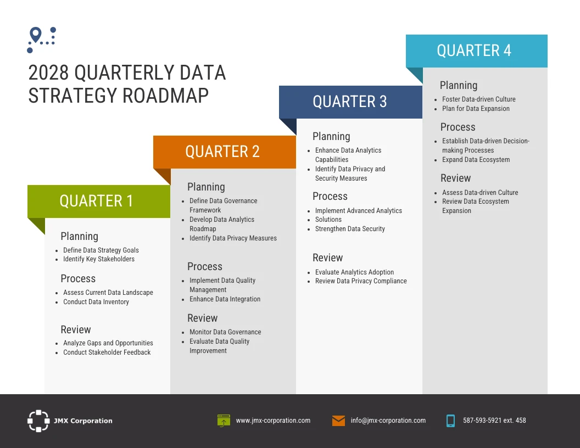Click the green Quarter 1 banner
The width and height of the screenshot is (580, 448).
pyautogui.click(x=99, y=201)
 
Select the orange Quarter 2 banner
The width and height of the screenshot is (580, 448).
pyautogui.click(x=224, y=152)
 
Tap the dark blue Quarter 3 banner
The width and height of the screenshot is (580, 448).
pyautogui.click(x=350, y=102)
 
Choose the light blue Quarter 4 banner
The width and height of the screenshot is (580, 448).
pyautogui.click(x=476, y=51)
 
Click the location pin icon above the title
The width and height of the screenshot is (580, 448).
pyautogui.click(x=36, y=35)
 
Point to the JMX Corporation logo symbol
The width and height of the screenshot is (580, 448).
pyautogui.click(x=38, y=421)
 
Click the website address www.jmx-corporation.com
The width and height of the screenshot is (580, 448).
pyautogui.click(x=273, y=421)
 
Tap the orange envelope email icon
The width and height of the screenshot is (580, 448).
pyautogui.click(x=338, y=421)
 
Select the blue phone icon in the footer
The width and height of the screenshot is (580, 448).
pyautogui.click(x=450, y=421)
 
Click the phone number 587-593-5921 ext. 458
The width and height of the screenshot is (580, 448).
pyautogui.click(x=494, y=421)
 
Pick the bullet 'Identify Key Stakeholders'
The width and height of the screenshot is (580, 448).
pyautogui.click(x=98, y=259)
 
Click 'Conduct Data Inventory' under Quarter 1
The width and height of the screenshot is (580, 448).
pyautogui.click(x=96, y=302)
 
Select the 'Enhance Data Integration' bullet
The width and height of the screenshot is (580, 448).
pyautogui.click(x=225, y=299)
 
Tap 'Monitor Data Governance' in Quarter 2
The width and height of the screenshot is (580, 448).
pyautogui.click(x=225, y=332)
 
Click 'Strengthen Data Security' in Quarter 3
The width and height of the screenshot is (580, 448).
pyautogui.click(x=350, y=229)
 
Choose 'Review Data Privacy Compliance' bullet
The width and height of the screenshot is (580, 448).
pyautogui.click(x=361, y=281)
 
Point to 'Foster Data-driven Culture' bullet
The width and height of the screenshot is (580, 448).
pyautogui.click(x=478, y=99)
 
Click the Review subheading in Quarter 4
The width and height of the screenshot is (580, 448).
pyautogui.click(x=455, y=178)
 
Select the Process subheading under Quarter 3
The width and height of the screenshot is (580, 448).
pyautogui.click(x=330, y=197)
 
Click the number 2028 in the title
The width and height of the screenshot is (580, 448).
pyautogui.click(x=48, y=73)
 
